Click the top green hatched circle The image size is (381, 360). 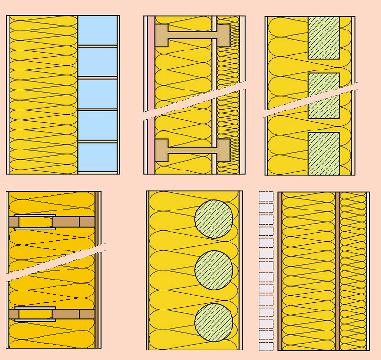point(214,218)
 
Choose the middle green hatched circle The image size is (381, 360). point(214,270)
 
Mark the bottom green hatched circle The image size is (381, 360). point(214,321)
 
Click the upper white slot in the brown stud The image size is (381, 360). point(36,222)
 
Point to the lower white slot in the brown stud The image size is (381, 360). point(36,312)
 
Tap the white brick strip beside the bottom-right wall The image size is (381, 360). point(266,270)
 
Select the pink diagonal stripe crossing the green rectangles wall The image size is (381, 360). point(310,100)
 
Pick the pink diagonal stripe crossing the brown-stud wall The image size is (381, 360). point(52,262)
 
